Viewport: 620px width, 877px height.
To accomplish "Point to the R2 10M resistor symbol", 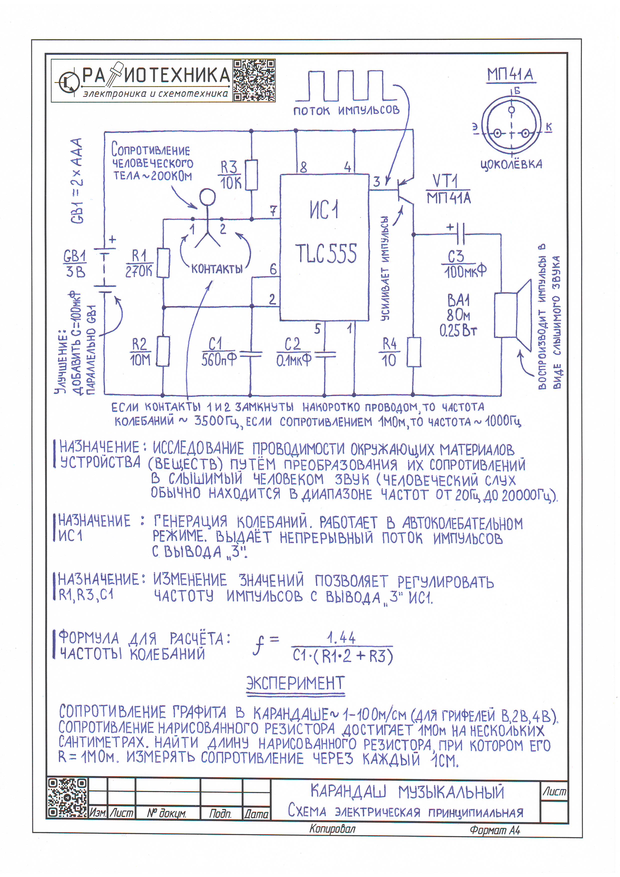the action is [163, 351].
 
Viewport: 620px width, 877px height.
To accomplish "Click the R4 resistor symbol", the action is [413, 352].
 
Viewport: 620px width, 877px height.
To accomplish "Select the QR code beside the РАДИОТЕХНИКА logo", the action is [254, 80].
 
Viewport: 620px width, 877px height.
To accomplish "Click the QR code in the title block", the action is [67, 797].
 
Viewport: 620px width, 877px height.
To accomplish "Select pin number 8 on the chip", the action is [303, 167].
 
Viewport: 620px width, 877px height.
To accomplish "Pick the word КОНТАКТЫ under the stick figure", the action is [216, 269].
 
